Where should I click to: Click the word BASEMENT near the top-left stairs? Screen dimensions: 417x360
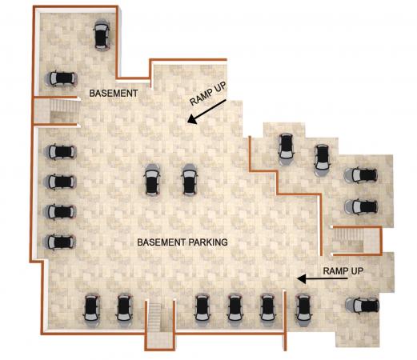click(114, 94)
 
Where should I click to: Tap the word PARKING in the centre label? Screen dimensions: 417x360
click(208, 242)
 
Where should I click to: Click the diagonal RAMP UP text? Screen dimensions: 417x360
click(208, 94)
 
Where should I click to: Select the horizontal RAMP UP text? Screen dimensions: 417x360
click(343, 271)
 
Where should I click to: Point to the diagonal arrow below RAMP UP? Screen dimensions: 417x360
click(206, 111)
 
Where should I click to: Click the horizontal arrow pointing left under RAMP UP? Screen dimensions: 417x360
click(323, 279)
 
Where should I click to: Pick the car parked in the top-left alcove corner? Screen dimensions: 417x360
click(102, 34)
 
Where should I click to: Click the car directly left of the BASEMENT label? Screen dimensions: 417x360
click(62, 78)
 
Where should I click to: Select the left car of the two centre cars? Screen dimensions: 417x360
click(152, 180)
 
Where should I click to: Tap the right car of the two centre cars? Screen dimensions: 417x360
click(189, 180)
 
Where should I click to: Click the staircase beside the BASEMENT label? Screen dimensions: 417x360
click(65, 110)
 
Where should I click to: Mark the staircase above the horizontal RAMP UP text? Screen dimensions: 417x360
click(349, 240)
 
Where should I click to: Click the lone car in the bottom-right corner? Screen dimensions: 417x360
click(363, 306)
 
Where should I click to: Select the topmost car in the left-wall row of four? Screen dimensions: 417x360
click(60, 152)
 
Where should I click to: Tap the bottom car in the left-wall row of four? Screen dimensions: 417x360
click(60, 242)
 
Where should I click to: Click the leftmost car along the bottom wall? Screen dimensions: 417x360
click(91, 310)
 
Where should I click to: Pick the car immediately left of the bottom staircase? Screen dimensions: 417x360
click(124, 310)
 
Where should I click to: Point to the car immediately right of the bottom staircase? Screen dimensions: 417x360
click(202, 310)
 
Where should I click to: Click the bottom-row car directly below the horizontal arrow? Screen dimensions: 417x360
click(303, 310)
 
